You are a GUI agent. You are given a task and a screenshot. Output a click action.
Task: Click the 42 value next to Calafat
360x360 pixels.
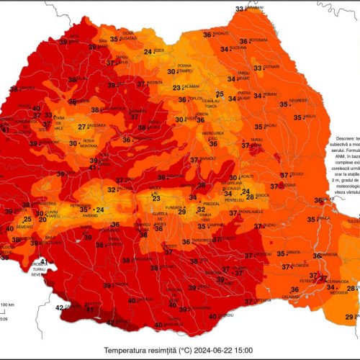tap(60, 307)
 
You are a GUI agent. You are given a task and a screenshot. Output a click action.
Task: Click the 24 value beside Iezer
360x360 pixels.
tap(148, 52)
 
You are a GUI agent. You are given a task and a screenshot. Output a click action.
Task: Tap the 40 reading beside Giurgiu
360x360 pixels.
tap(212, 315)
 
